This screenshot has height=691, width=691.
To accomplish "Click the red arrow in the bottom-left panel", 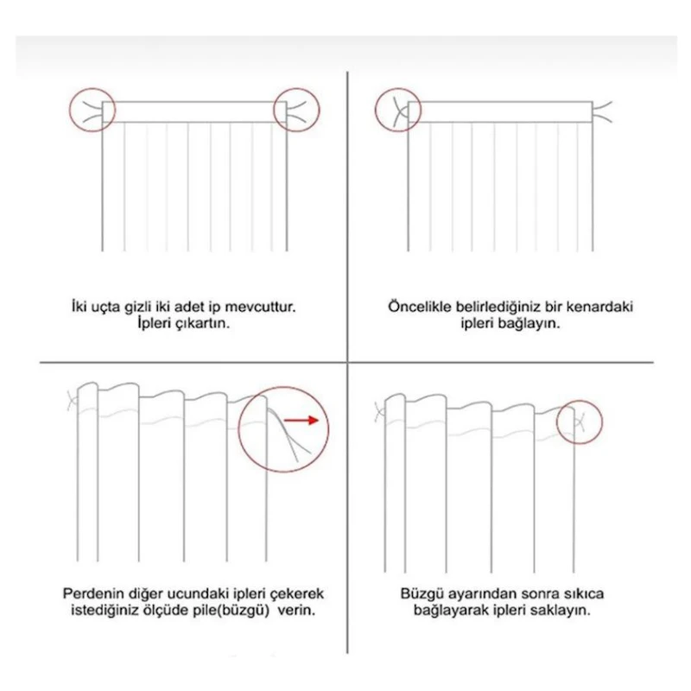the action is (x=301, y=420).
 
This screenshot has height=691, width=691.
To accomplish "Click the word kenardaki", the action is (x=599, y=307).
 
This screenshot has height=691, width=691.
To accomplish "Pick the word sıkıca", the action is (x=582, y=593).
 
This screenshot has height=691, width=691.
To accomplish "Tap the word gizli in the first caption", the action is (x=137, y=307).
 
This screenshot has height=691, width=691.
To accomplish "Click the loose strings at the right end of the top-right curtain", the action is (x=602, y=111).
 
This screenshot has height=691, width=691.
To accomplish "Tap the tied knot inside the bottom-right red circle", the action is (x=580, y=422).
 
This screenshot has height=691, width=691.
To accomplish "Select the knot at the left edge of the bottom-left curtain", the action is (x=73, y=401).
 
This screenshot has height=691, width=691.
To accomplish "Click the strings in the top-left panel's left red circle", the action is (x=92, y=111).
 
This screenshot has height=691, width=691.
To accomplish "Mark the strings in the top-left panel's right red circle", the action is (x=296, y=111).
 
